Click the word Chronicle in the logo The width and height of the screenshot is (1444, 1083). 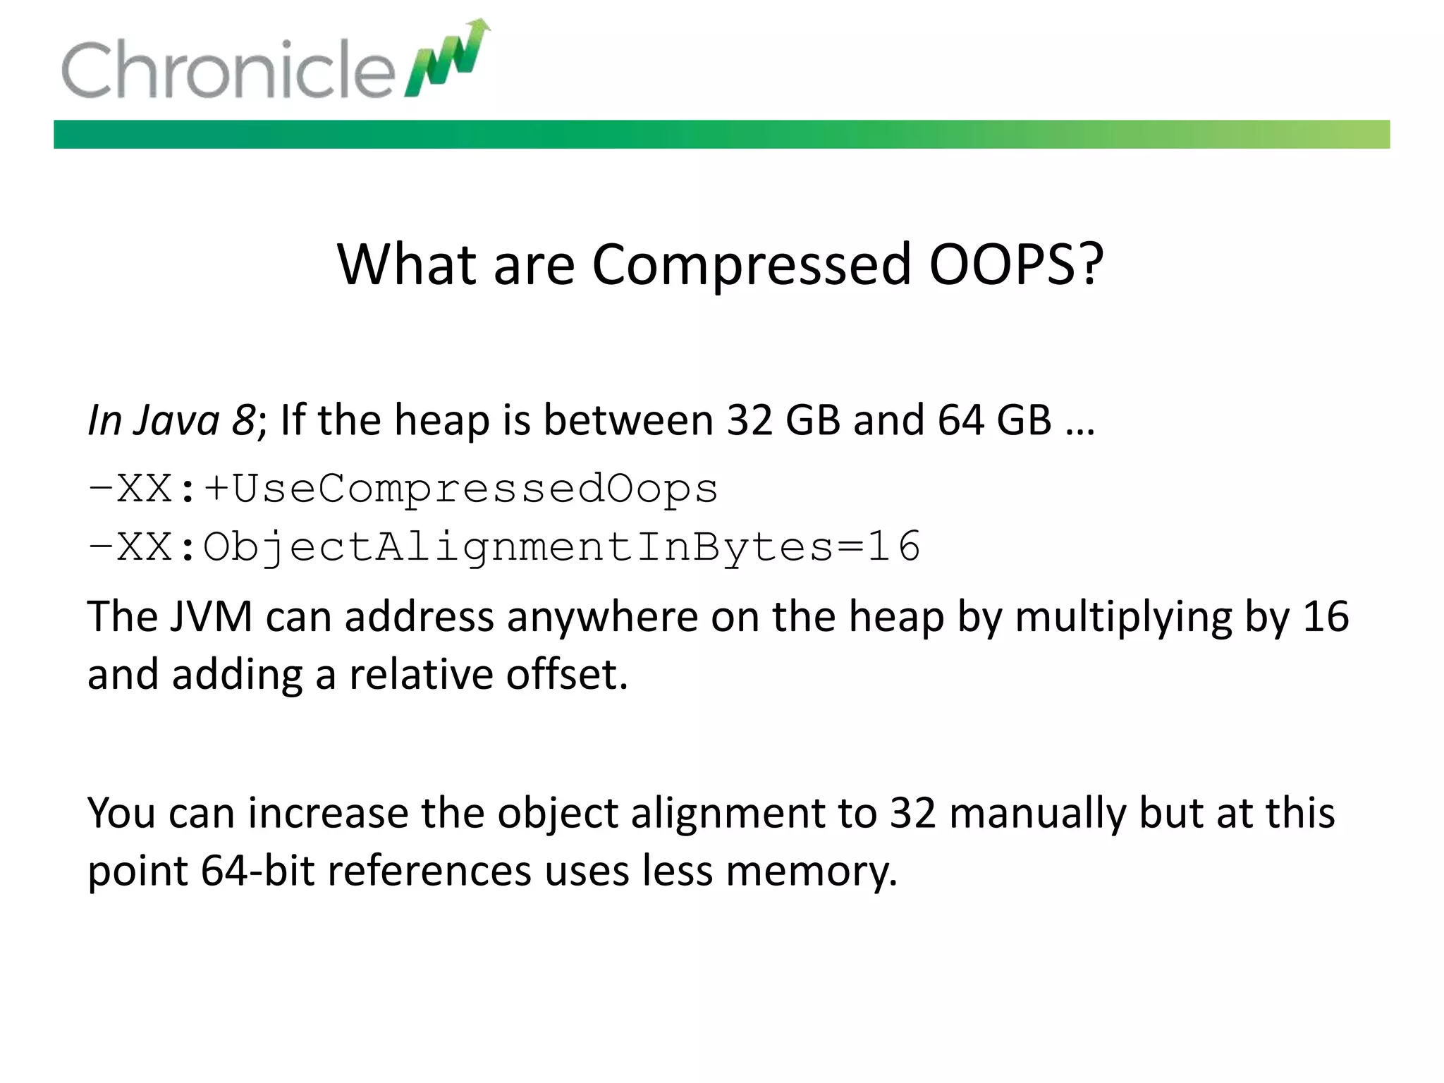click(x=227, y=68)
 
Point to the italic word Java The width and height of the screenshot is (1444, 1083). click(x=177, y=420)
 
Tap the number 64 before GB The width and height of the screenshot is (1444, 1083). click(x=960, y=420)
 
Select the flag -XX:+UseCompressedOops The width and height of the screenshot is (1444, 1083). click(x=403, y=489)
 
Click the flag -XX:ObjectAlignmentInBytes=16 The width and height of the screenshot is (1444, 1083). click(x=503, y=547)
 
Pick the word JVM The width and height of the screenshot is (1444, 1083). click(x=211, y=617)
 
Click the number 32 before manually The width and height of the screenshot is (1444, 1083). click(x=912, y=813)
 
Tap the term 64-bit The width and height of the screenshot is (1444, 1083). click(x=257, y=871)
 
